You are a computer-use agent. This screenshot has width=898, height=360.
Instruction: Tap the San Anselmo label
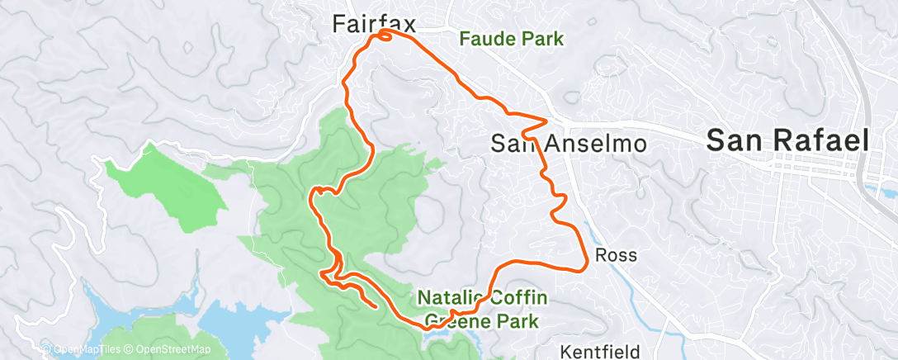coord(568,143)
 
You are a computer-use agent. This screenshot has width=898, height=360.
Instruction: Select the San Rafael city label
coord(787,141)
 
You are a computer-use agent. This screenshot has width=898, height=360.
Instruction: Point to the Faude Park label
coord(512,38)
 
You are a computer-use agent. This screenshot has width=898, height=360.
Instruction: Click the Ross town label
coord(616,255)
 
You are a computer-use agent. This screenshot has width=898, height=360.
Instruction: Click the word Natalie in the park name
coord(450,296)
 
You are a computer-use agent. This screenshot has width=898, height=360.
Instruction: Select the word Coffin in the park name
coord(518,296)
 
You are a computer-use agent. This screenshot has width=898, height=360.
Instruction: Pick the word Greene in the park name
coord(458,320)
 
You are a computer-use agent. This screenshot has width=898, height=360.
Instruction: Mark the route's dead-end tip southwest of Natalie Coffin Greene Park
coord(376,306)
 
